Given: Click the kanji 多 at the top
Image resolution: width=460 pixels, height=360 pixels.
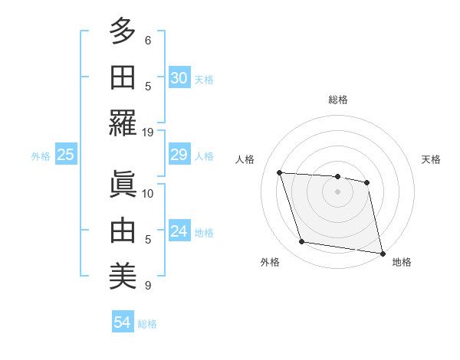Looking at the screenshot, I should coord(123,32).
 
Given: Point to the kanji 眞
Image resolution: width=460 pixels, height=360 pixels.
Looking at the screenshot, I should coord(123,182).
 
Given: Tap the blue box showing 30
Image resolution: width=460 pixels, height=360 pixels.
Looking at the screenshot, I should coord(179,79).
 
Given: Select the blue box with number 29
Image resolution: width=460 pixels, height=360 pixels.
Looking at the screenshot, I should coord(179,155).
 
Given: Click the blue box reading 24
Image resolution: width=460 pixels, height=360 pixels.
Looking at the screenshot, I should coord(179,232).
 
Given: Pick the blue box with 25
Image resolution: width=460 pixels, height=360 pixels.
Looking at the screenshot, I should coord(66,155).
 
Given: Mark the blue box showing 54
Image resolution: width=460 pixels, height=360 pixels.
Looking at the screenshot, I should coord(122,323).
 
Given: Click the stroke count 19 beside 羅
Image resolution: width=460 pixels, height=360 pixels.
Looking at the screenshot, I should coord(148,132).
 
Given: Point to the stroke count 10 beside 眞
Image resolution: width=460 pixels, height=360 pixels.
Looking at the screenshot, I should coord(148,193).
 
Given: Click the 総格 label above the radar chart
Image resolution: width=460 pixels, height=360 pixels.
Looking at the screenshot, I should coord(337,100).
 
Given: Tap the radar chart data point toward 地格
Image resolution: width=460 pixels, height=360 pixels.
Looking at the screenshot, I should coord(382,253).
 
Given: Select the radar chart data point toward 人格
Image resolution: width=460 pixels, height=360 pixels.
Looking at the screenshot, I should coord(280,172).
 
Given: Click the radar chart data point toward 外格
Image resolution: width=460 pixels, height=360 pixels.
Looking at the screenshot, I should coord(302,242).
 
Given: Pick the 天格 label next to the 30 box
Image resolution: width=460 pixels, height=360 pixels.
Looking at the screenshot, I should coord(203,80).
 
